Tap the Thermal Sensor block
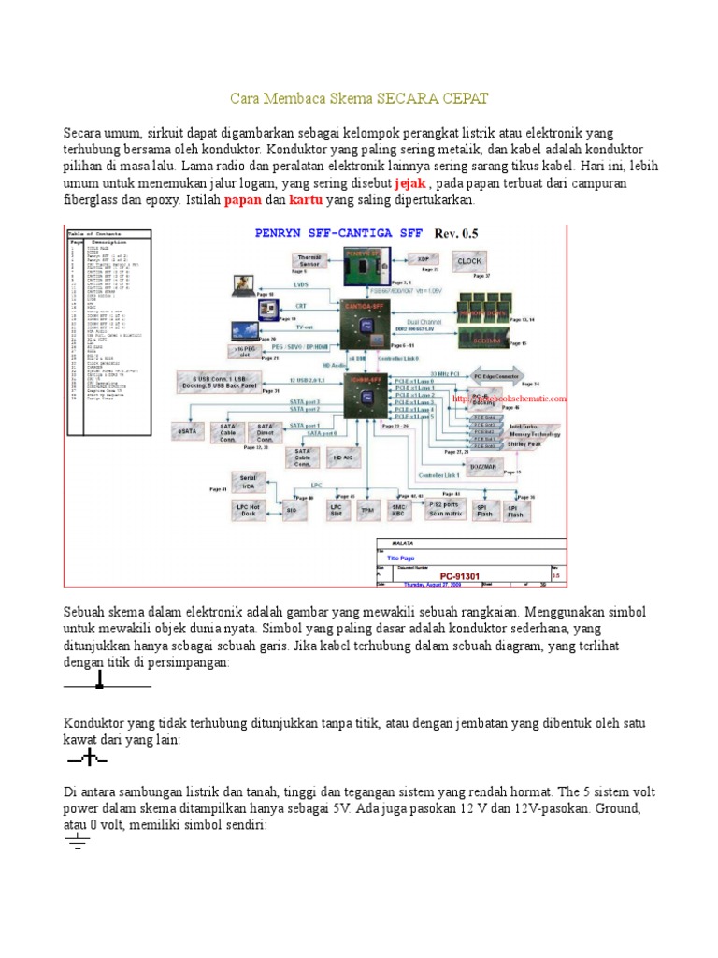coord(309,261)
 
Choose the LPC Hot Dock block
coord(248,510)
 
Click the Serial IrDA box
coord(248,481)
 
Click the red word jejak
coord(409,182)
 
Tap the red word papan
coord(242,200)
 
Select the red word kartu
coord(305,200)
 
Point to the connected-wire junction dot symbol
coord(100,686)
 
